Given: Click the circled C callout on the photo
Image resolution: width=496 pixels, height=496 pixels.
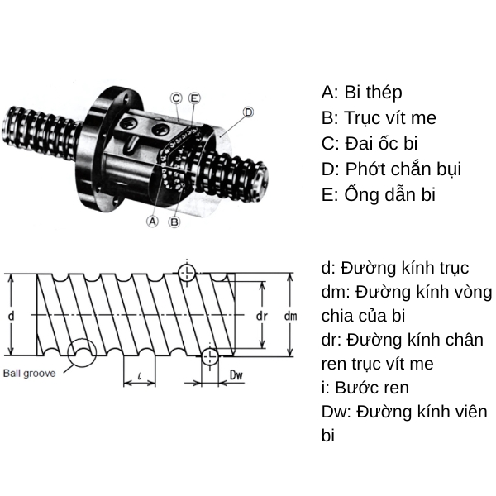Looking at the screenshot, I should click(x=176, y=98).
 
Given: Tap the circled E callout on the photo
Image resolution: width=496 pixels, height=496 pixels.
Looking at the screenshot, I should click(x=194, y=98).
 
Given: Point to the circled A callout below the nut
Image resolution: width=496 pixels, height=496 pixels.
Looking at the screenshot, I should click(x=152, y=221).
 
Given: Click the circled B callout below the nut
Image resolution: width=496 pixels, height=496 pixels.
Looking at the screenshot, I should click(x=174, y=221).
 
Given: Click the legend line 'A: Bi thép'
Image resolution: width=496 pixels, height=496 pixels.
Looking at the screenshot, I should click(x=361, y=92).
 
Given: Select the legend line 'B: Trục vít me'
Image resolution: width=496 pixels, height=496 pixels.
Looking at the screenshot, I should click(x=379, y=117).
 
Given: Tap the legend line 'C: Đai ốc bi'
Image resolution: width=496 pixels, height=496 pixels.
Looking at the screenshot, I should click(x=370, y=143).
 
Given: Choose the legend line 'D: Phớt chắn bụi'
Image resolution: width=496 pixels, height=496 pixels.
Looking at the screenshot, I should click(x=391, y=169).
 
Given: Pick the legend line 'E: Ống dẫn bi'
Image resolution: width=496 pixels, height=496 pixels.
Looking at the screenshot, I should click(x=378, y=194).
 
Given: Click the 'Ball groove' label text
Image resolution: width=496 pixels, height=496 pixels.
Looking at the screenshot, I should click(x=29, y=373).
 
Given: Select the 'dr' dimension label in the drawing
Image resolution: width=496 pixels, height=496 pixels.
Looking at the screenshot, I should click(x=261, y=316).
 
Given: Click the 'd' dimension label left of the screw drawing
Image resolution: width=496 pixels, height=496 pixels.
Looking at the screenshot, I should click(x=11, y=316).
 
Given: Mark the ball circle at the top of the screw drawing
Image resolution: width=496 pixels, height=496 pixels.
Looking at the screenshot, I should click(x=188, y=272).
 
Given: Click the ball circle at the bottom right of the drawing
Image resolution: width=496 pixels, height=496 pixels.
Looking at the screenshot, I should click(x=210, y=356).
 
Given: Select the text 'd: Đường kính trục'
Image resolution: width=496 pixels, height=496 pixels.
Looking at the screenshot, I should click(x=395, y=268).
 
